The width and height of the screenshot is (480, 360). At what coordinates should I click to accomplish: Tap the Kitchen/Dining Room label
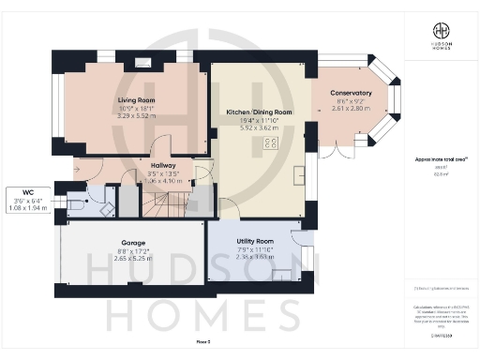[259, 112]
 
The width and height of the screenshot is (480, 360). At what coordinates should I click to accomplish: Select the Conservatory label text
[352, 93]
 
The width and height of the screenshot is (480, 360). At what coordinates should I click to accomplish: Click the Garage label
[132, 241]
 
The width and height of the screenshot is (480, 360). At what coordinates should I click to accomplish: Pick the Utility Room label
[253, 241]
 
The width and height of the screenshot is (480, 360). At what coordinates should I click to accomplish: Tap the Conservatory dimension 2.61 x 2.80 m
[352, 109]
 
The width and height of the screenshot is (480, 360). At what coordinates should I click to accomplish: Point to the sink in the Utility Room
[282, 275]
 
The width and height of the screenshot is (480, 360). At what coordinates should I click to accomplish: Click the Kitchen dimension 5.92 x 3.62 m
[259, 128]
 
